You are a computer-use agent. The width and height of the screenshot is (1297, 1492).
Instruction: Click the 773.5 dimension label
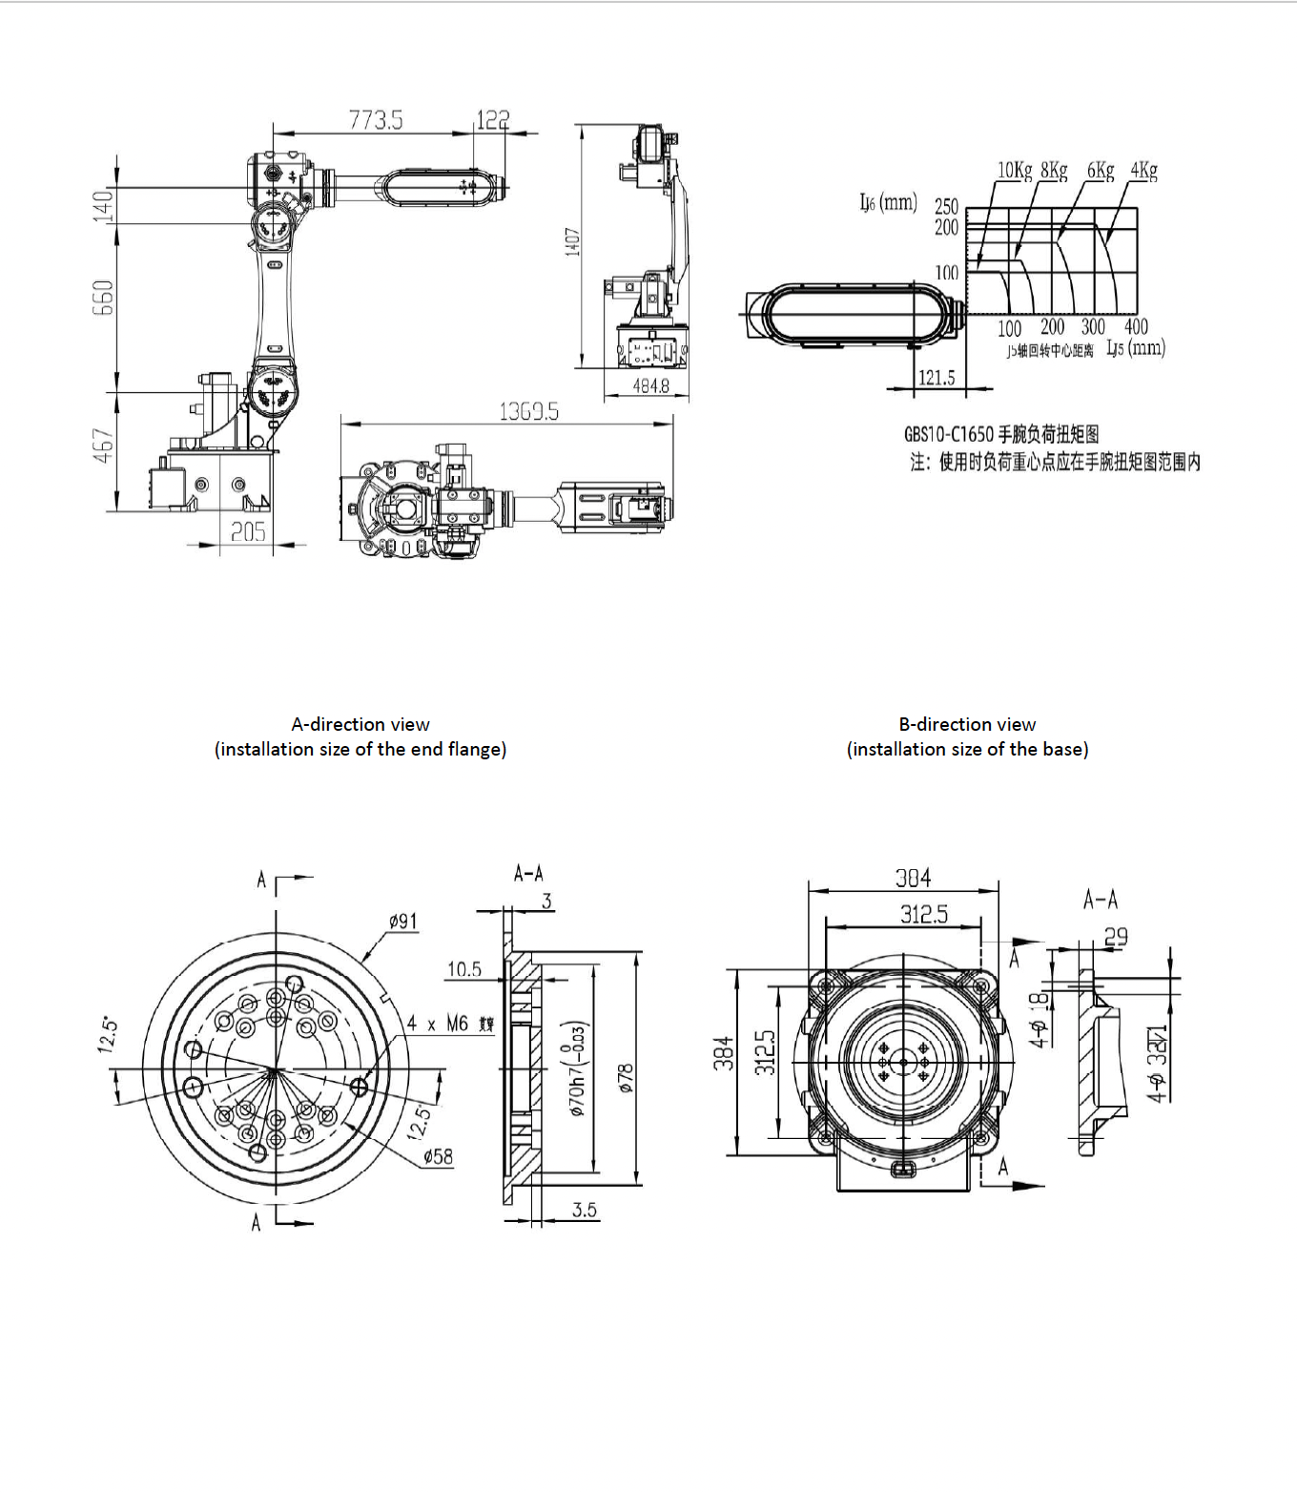(x=375, y=120)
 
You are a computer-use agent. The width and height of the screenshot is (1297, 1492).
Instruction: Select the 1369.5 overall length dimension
(x=528, y=411)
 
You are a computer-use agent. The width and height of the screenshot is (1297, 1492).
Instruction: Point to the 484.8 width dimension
(x=651, y=386)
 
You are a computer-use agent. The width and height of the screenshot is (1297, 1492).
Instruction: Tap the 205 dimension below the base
(x=248, y=532)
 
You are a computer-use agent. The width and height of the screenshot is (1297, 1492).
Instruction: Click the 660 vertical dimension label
(x=103, y=298)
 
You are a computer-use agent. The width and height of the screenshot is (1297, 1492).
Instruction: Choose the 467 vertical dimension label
(x=103, y=446)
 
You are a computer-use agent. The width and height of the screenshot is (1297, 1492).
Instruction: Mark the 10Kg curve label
(x=1015, y=171)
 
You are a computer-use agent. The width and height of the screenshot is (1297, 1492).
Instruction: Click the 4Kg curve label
(x=1143, y=171)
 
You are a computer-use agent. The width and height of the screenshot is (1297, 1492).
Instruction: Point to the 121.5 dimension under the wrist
(x=937, y=378)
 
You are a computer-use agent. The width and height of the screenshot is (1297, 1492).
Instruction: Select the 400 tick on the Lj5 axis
(x=1135, y=327)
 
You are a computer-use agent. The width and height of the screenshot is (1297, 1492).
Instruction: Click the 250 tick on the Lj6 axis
(x=946, y=206)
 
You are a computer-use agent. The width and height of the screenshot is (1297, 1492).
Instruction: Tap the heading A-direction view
(x=360, y=724)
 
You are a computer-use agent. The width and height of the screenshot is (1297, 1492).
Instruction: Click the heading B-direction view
(x=967, y=724)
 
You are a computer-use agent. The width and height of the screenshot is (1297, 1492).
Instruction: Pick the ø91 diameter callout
(x=402, y=922)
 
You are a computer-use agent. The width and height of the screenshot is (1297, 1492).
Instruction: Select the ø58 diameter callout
(x=438, y=1157)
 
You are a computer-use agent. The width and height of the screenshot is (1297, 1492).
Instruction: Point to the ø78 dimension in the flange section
(x=626, y=1077)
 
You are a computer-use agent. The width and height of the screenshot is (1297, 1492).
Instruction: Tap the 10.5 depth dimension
(x=464, y=969)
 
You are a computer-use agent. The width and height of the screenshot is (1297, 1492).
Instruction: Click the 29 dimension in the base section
(x=1115, y=937)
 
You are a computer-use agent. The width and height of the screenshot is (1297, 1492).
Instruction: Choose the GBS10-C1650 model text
(x=950, y=434)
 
